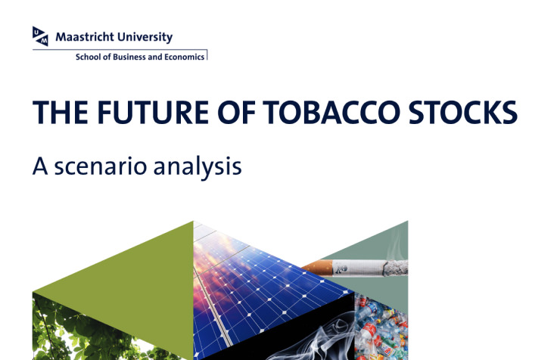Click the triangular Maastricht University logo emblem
click(40, 36)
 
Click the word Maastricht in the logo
click(85, 37)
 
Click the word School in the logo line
click(88, 57)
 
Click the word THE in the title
click(61, 113)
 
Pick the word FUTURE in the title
click(153, 113)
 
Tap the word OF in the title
click(236, 113)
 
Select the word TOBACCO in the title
click(331, 113)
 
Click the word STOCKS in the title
click(463, 113)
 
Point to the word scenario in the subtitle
click(100, 166)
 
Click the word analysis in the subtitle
click(198, 167)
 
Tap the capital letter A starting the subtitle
click(40, 166)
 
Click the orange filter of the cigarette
click(317, 268)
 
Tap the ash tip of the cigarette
click(396, 268)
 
